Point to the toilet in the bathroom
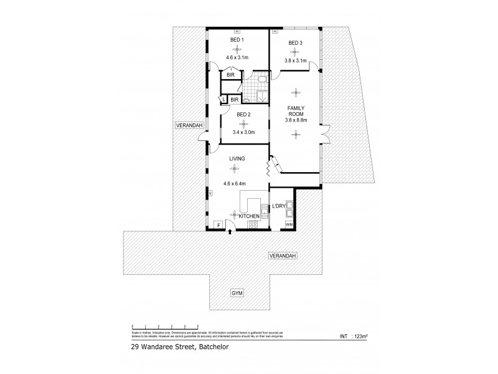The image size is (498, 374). tap(262, 80)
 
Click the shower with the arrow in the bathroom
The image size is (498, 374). tap(261, 96)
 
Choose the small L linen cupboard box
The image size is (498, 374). tap(222, 99)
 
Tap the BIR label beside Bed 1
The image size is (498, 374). tap(230, 75)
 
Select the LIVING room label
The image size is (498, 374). tap(237, 160)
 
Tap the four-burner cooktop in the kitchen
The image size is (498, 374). tap(253, 225)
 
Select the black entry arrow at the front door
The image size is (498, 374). tap(231, 233)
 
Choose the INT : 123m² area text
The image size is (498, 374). tap(352, 337)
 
